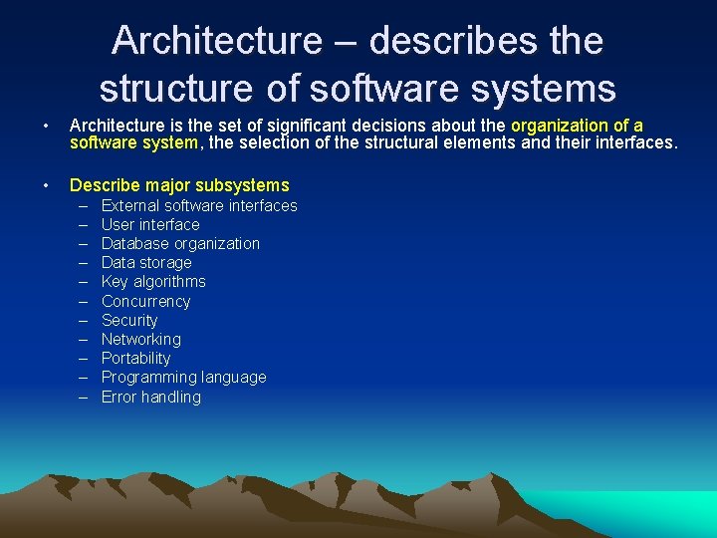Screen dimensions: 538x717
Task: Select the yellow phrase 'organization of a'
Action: point(577,126)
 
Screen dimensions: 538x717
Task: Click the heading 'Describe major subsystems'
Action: point(179,185)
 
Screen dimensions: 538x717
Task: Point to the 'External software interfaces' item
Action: point(199,206)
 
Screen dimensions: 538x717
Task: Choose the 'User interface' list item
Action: point(150,225)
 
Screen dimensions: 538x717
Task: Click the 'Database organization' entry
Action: point(180,244)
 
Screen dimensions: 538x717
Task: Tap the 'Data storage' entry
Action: point(146,263)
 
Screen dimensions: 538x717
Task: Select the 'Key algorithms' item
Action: point(153,282)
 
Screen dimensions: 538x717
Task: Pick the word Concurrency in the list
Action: point(145,301)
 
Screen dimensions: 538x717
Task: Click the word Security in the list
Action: point(129,321)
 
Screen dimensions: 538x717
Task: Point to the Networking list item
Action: point(140,340)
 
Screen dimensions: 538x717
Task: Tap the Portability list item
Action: point(135,359)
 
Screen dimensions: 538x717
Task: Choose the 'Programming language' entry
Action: point(183,378)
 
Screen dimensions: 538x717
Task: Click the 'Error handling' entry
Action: point(150,398)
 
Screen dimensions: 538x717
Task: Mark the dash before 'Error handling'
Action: point(81,398)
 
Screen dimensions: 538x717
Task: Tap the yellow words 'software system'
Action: point(133,143)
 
